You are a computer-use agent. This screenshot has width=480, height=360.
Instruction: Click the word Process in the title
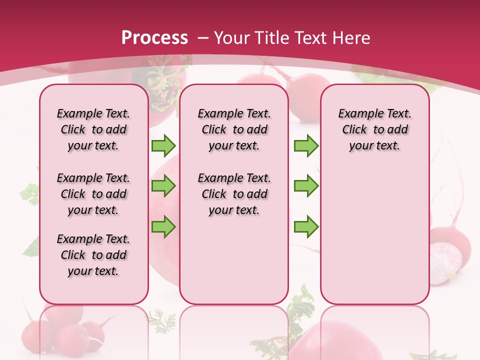click(x=154, y=37)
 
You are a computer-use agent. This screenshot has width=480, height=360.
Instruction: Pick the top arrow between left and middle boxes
click(x=163, y=145)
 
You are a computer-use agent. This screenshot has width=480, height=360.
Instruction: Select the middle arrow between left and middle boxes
click(x=163, y=186)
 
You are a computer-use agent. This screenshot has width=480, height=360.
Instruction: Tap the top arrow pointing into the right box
click(x=306, y=145)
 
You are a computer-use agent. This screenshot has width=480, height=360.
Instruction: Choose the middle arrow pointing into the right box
click(x=306, y=186)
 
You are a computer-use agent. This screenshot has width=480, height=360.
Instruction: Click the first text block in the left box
click(x=93, y=129)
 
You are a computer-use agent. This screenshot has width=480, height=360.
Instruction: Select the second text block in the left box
click(x=93, y=194)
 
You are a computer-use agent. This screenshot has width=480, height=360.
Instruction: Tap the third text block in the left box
click(x=93, y=255)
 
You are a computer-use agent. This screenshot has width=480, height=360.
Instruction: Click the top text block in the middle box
click(x=234, y=129)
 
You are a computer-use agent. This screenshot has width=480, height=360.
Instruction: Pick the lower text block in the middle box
click(x=234, y=194)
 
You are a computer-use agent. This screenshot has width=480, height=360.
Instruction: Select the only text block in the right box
click(x=374, y=129)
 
